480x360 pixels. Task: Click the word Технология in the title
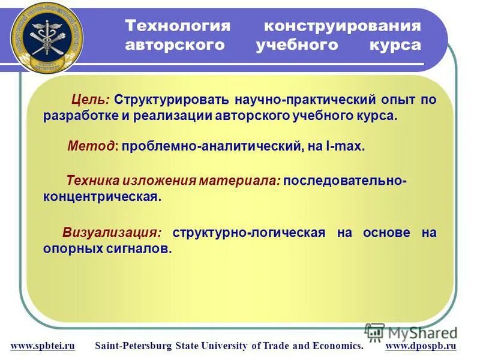point(178,26)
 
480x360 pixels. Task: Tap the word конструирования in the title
point(343,26)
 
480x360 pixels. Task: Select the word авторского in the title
point(174,46)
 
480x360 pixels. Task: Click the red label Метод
point(92,146)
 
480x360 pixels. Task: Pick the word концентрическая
point(102,197)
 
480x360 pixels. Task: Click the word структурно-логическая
point(249,232)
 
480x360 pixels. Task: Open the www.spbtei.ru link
point(43,346)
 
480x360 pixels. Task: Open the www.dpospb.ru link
point(421,346)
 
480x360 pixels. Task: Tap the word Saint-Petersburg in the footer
point(134,346)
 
